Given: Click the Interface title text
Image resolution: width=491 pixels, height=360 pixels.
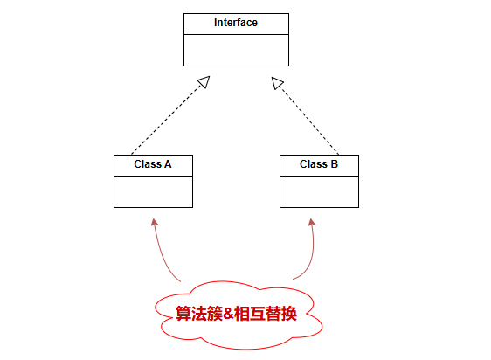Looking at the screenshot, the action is coord(236,23).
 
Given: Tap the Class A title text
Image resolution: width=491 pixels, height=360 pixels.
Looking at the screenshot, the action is coord(153,164).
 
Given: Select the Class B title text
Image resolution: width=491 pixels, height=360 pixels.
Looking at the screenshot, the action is coord(319,164).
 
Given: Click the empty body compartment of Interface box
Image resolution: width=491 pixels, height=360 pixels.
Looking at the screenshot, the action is coord(236,50).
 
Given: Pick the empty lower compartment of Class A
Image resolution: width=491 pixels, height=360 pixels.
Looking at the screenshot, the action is coord(153,191).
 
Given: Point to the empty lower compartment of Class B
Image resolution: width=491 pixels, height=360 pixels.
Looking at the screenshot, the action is coord(319,191).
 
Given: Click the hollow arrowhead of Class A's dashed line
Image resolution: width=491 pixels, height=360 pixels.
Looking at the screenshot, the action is coord(204,81).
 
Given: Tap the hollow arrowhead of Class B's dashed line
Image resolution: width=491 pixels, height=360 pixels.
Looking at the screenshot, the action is coord(277,83).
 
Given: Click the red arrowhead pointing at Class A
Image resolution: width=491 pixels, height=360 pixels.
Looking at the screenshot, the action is coord(154,222).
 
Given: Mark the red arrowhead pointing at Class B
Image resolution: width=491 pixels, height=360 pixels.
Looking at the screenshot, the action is coord(312,222).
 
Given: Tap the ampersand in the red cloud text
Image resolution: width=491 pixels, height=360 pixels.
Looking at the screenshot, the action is coord(228,313).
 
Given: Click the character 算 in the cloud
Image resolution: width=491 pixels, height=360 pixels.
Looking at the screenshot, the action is coord(183,314).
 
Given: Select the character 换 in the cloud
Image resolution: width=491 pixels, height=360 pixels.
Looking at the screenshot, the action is coord(288,314).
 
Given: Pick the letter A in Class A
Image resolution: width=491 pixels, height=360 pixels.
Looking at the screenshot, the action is coord(168,164).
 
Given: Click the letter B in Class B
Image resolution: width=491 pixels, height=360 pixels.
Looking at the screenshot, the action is coord(335,164).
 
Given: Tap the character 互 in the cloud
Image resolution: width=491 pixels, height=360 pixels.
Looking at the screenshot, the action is coord(258,314).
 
